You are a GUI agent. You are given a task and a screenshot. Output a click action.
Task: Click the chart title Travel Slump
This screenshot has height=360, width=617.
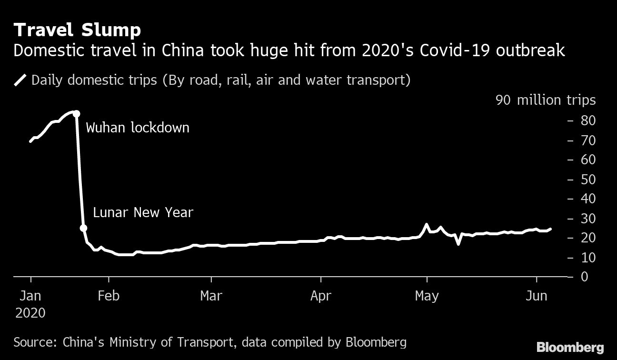click(77, 30)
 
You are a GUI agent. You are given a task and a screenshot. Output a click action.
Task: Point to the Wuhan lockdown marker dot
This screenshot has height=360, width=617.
click(76, 113)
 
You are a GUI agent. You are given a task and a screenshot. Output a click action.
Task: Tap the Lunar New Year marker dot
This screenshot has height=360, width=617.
click(83, 228)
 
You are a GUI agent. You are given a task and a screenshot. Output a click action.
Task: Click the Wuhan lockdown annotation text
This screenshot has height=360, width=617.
click(137, 128)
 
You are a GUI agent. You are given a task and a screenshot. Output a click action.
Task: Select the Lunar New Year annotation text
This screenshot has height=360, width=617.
click(143, 212)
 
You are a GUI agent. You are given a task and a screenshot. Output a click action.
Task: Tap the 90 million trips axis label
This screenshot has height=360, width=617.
click(546, 100)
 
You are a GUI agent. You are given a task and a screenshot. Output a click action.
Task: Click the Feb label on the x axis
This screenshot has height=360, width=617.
click(108, 296)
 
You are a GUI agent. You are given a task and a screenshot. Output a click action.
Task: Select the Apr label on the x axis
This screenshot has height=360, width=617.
click(320, 296)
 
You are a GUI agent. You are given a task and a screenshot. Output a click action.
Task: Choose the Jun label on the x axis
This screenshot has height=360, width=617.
click(537, 296)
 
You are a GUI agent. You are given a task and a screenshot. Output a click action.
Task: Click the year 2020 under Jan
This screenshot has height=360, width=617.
click(30, 313)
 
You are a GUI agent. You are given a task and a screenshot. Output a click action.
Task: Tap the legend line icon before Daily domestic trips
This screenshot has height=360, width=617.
click(20, 80)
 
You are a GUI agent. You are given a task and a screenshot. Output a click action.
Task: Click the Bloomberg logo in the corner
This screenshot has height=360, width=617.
click(570, 347)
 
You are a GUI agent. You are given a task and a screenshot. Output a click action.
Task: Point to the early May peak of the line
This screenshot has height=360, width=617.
click(427, 224)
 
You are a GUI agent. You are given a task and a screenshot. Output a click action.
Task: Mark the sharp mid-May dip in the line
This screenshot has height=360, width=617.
click(458, 244)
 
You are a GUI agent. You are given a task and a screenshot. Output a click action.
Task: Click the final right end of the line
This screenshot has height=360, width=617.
click(551, 229)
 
